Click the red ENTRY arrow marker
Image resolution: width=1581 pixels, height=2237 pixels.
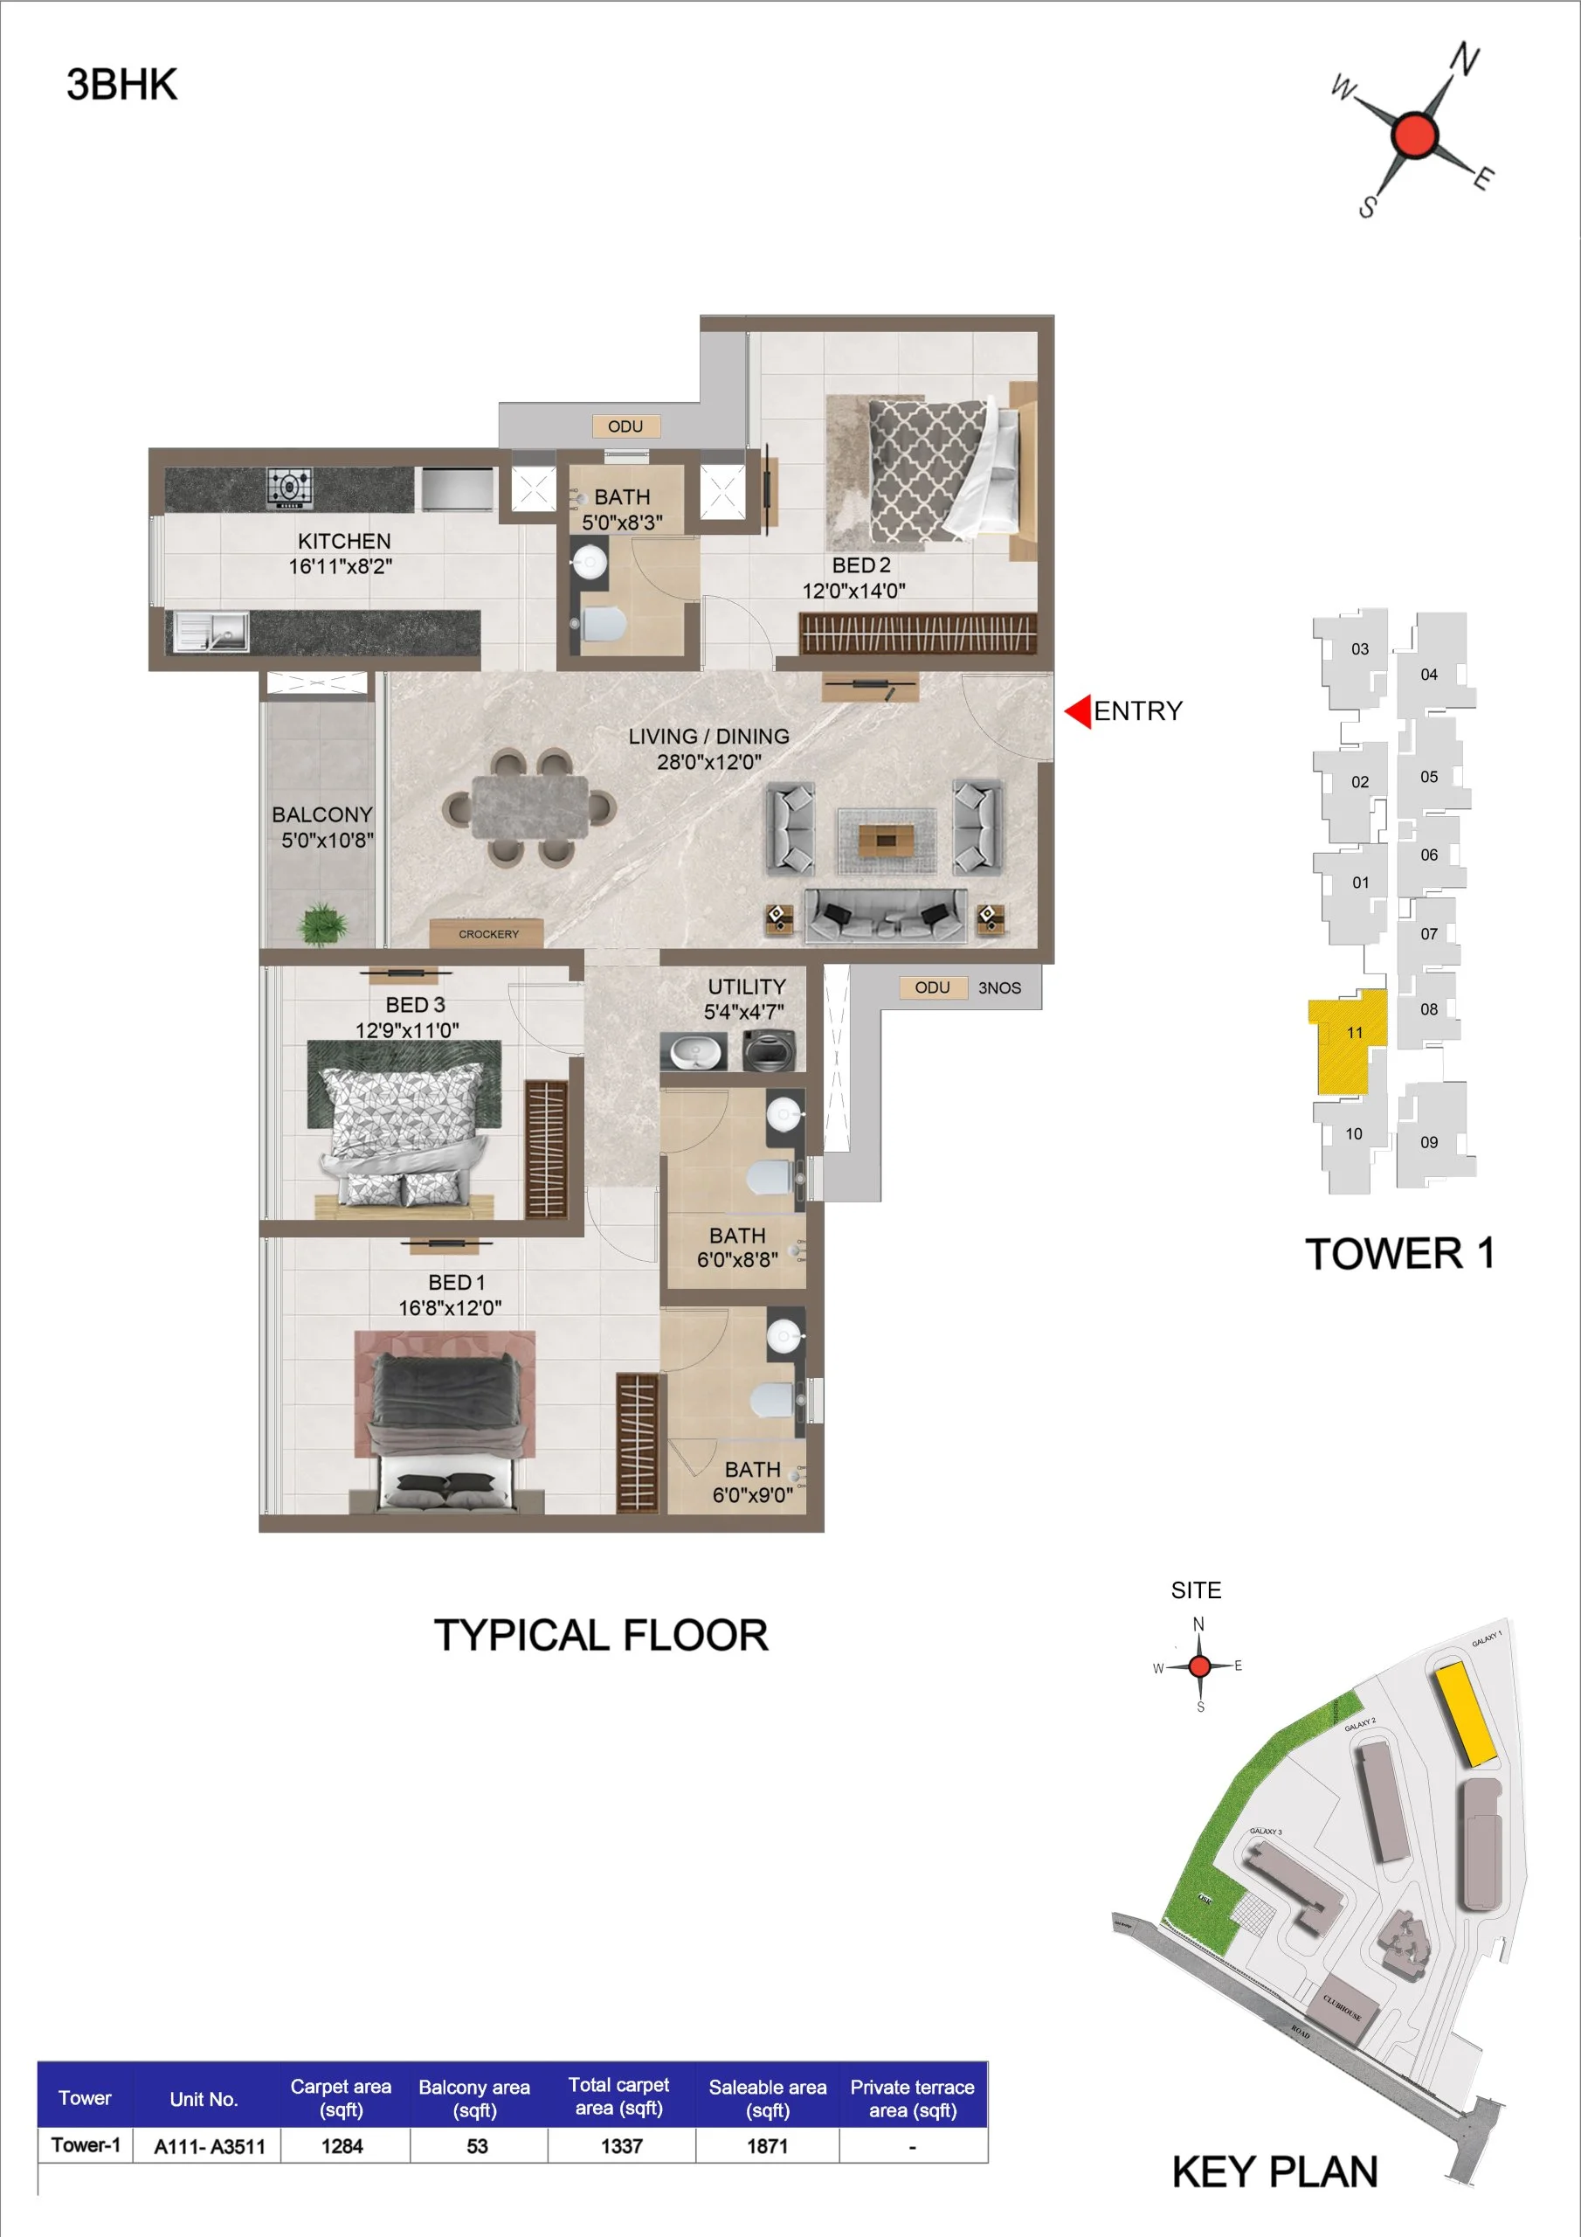pyautogui.click(x=1077, y=711)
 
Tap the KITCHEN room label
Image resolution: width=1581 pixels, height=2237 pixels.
pyautogui.click(x=344, y=541)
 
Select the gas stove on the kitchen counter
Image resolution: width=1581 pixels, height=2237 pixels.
pyautogui.click(x=289, y=487)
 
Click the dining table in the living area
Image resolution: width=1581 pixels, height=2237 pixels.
pyautogui.click(x=530, y=807)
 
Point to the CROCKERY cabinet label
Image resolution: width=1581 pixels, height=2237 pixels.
pyautogui.click(x=488, y=933)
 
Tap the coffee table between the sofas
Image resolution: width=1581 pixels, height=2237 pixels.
pyautogui.click(x=886, y=839)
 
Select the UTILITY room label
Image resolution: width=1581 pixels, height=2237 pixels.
pyautogui.click(x=746, y=986)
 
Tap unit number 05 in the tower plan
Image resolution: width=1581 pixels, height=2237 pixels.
pyautogui.click(x=1428, y=777)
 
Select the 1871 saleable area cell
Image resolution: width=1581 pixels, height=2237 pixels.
pyautogui.click(x=768, y=2145)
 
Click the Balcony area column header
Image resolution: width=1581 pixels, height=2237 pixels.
pyautogui.click(x=474, y=2098)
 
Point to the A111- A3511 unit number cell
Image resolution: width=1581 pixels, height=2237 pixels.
pyautogui.click(x=209, y=2146)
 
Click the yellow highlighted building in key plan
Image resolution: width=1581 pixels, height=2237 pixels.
pyautogui.click(x=1465, y=1714)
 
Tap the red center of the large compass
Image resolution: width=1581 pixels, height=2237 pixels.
pyautogui.click(x=1413, y=135)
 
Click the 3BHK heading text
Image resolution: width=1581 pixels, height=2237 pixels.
pyautogui.click(x=121, y=85)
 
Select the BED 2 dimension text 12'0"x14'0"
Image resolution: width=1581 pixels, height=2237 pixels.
pyautogui.click(x=853, y=591)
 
